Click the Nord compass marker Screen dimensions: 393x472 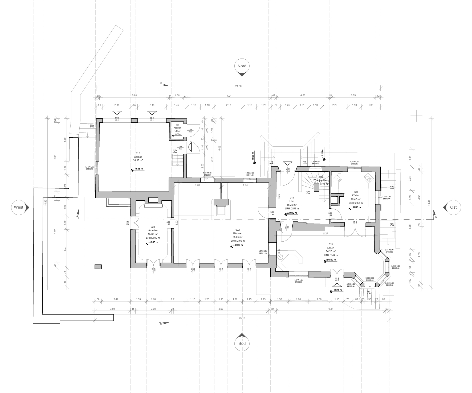pos(242,66)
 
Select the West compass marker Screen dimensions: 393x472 pos(19,207)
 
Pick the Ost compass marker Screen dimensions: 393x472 pos(453,207)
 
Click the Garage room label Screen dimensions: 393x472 pos(138,157)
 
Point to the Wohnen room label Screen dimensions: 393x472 pos(237,233)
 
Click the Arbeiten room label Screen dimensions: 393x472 pos(153,230)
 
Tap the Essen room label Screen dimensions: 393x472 pos(331,248)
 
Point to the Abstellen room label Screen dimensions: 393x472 pos(178,128)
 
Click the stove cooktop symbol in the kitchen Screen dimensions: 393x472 pos(369,178)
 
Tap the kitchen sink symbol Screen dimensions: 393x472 pos(338,177)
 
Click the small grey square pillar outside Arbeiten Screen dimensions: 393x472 pos(98,267)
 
